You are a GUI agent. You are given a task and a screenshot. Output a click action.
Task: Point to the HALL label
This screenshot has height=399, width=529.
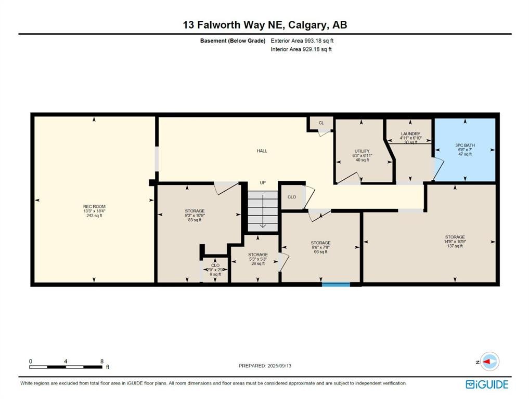coord(262,151)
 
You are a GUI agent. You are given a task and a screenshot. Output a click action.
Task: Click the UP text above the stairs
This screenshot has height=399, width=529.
coord(263,183)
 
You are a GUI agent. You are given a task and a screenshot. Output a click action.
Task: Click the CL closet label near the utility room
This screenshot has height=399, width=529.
coord(321,123)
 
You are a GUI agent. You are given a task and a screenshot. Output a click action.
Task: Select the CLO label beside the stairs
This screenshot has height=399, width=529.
coord(292,197)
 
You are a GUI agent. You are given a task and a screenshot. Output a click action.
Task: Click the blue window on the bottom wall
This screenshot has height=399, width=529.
coord(336,284)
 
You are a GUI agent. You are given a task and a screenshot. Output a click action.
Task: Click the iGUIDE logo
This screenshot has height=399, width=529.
coord(487,385)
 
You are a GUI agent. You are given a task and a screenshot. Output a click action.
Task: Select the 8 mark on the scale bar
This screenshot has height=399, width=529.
coord(102,361)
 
